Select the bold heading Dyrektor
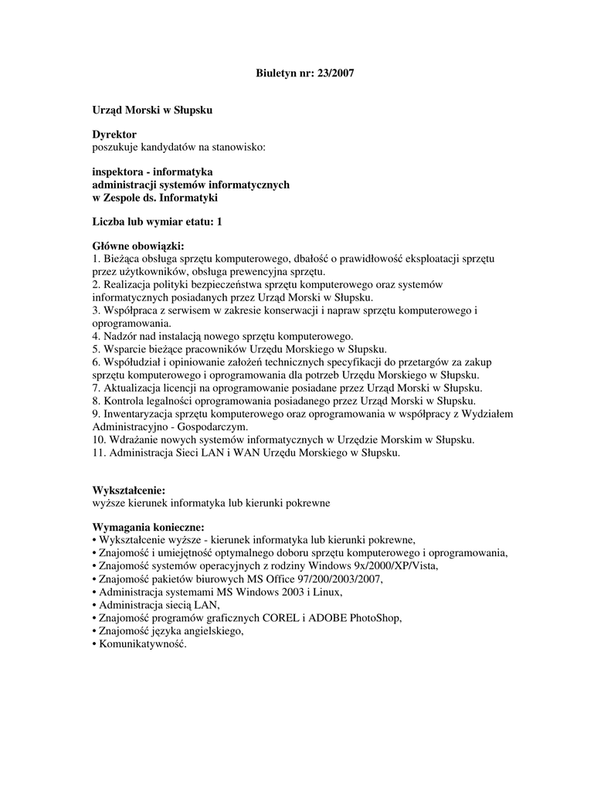114,134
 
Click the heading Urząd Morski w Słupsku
152,110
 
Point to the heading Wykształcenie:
129,491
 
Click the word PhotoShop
375,619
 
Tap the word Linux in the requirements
324,592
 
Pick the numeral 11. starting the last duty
99,453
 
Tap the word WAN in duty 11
234,453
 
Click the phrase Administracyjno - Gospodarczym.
170,426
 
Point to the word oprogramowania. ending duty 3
131,323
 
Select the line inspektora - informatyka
153,171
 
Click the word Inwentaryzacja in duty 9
140,413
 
